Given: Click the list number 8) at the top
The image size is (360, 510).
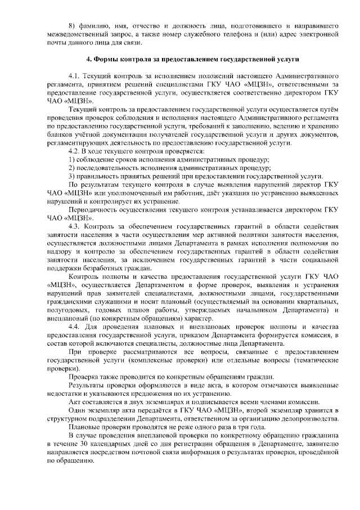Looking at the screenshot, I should coord(71,26).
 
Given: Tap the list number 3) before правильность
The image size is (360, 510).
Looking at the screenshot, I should coord(71,176).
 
